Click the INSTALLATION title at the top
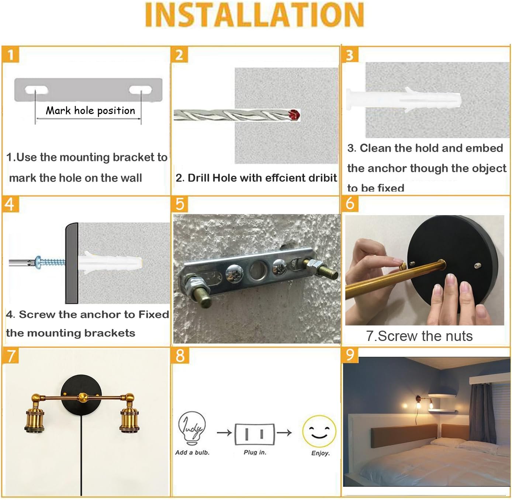click(255, 15)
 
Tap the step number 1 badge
click(11, 55)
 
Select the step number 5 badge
click(180, 204)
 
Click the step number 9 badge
click(350, 355)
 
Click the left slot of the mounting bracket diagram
click(36, 90)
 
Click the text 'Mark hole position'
click(90, 111)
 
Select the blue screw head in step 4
click(38, 262)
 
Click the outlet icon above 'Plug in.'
click(255, 434)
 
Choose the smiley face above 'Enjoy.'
click(319, 432)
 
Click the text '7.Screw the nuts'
click(419, 336)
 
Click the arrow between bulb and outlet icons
click(224, 432)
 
